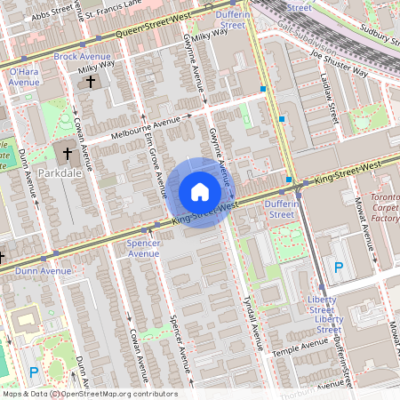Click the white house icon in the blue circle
[x=200, y=191]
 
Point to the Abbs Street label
[x=49, y=15]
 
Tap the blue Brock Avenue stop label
[x=82, y=56]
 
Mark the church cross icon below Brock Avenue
[x=90, y=81]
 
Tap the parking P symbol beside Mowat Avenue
[x=338, y=267]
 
